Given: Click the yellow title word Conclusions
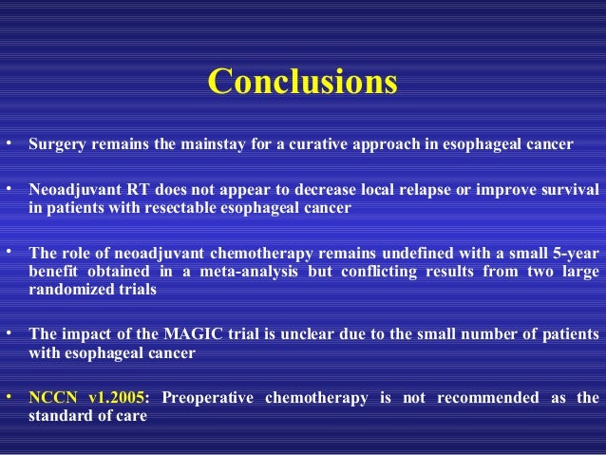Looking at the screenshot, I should pos(302,83).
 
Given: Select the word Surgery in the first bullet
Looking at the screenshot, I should pos(58,146).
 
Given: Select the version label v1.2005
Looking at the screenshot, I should pos(116,397).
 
